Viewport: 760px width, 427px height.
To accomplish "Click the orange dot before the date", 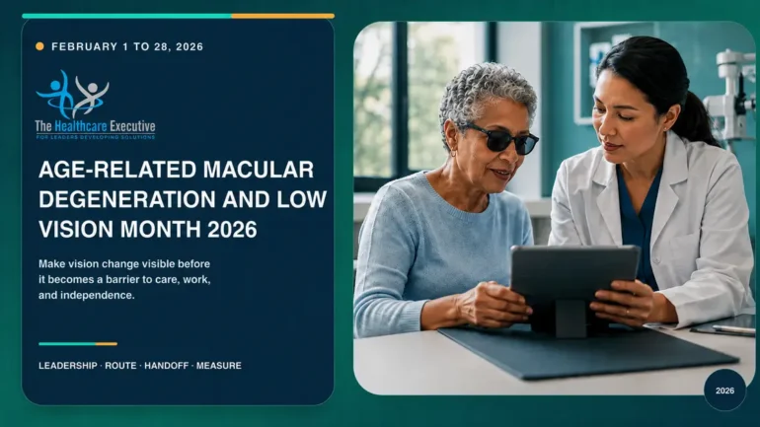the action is coord(39,46).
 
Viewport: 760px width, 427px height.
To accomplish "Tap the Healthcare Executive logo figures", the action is coord(73,95).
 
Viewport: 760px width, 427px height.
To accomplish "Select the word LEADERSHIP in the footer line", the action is coord(68,366).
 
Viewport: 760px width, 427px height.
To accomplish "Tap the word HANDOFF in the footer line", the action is coord(166,366).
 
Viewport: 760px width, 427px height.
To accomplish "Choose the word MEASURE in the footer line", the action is coord(218,366).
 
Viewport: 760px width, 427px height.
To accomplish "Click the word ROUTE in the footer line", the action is coord(120,366).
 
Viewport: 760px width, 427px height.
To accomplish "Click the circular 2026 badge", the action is coord(724,391).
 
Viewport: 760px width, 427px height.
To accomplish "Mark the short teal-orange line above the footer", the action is coord(78,344).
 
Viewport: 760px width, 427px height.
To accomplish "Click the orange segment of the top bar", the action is coord(283,16).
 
